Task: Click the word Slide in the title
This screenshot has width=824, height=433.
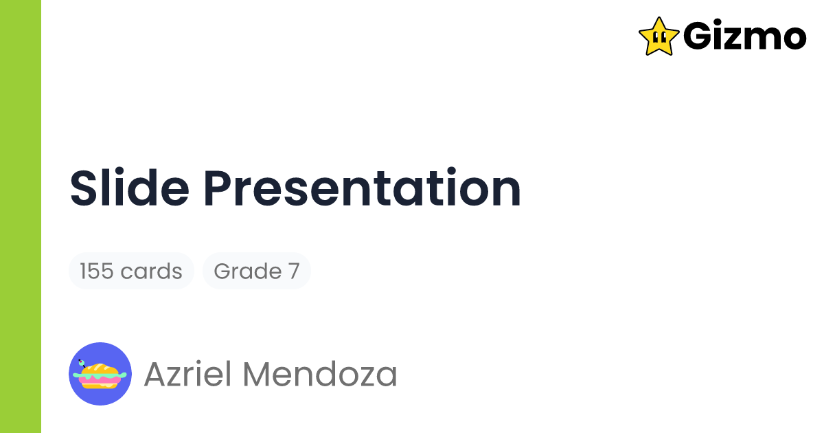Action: [128, 188]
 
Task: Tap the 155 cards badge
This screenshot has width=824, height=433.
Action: [131, 271]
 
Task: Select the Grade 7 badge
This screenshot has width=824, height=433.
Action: [257, 271]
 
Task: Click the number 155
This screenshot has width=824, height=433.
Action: [96, 271]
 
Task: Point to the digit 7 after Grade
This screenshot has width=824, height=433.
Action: [293, 271]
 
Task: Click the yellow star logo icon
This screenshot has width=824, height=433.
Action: [659, 36]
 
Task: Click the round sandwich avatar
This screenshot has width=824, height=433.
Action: [100, 374]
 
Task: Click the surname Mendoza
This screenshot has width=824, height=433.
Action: [321, 374]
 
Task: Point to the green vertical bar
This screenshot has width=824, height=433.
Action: [21, 216]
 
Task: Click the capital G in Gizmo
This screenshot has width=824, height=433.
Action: [698, 36]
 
